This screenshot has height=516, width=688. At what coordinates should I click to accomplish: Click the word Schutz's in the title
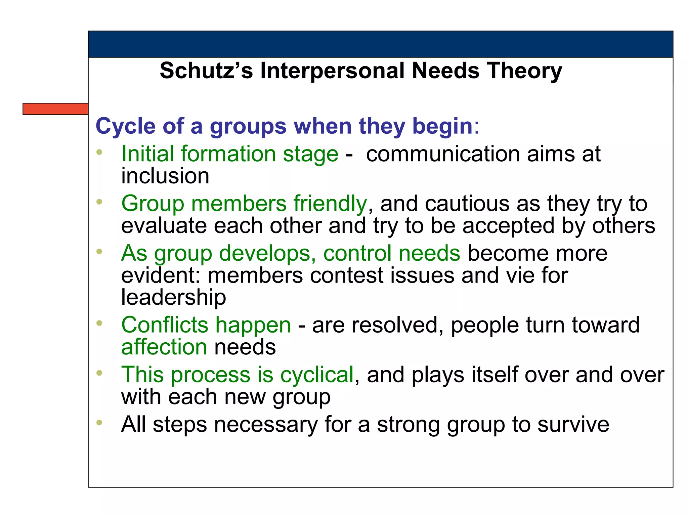(x=206, y=71)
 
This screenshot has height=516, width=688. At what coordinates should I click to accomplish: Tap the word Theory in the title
(x=525, y=71)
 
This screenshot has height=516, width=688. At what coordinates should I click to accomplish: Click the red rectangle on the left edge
(x=55, y=109)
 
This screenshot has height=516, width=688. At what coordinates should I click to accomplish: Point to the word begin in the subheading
(x=442, y=126)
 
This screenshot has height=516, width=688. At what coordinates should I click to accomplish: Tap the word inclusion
(x=165, y=176)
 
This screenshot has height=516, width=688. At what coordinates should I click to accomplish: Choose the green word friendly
(x=330, y=204)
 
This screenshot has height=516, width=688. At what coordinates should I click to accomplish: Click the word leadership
(x=173, y=297)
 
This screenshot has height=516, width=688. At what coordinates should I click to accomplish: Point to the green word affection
(x=164, y=347)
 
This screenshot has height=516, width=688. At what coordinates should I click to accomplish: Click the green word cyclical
(x=317, y=375)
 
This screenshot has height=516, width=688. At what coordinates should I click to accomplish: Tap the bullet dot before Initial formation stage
(x=99, y=152)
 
